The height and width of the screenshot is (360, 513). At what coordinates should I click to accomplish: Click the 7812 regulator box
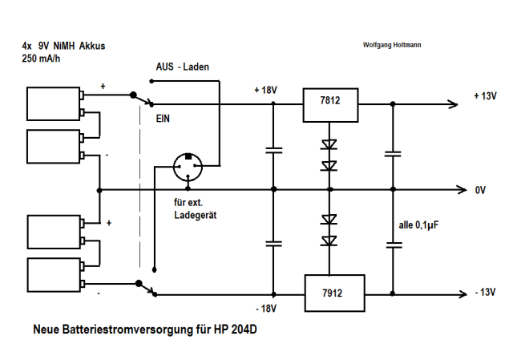[x=330, y=102]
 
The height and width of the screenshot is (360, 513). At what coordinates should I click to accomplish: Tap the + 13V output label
[x=486, y=95]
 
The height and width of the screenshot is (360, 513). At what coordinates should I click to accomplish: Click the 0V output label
[x=481, y=190]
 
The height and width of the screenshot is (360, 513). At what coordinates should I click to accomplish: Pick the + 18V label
[x=265, y=90]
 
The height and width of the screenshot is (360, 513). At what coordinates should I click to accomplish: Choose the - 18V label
[x=265, y=308]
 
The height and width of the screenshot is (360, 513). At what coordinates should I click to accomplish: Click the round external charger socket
[x=188, y=167]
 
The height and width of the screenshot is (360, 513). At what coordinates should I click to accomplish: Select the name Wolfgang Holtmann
[x=392, y=45]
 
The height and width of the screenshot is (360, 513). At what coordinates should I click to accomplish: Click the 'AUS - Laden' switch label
[x=182, y=67]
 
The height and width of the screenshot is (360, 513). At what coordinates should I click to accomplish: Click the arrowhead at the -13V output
[x=460, y=293]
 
